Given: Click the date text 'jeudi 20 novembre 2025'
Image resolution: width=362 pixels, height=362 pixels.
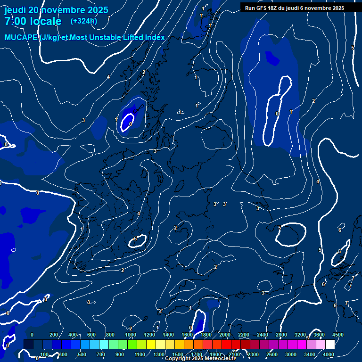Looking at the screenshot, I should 56,10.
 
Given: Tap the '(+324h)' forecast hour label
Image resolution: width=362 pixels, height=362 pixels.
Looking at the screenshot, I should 84,21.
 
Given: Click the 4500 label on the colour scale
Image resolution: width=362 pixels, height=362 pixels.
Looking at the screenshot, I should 337,335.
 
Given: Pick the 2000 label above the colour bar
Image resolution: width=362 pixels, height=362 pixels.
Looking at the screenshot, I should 224,335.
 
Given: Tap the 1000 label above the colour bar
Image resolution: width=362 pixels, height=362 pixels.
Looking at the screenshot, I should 130,335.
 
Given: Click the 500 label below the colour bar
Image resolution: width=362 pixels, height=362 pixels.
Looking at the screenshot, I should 82,354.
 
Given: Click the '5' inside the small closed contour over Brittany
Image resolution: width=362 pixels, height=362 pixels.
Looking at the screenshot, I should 135,239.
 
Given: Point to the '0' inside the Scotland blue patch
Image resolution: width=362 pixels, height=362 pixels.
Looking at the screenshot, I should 131,123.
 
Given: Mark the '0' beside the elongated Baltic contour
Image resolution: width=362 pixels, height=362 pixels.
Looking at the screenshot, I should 277,114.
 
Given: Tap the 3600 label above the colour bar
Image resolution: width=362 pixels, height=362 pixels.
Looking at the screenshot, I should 319,335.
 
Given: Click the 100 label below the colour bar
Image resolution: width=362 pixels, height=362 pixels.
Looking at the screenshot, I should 45,354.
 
